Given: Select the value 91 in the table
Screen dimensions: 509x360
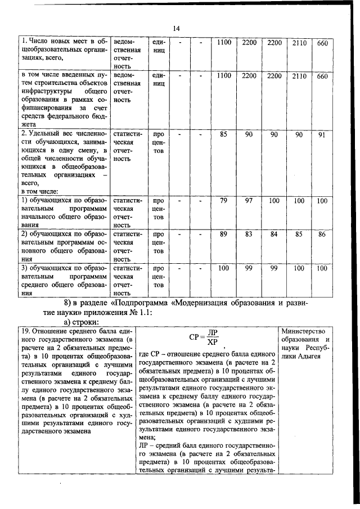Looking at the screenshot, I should [322, 135].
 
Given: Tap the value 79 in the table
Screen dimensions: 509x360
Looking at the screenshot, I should [223, 201].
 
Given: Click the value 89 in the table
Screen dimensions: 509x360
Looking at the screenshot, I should [223, 234].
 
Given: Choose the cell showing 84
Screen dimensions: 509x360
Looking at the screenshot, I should [274, 234].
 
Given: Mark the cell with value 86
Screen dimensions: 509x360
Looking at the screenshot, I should [322, 234].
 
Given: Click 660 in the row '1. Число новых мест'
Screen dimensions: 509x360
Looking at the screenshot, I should [322, 43].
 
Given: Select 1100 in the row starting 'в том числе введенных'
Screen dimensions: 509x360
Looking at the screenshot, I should [224, 76].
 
